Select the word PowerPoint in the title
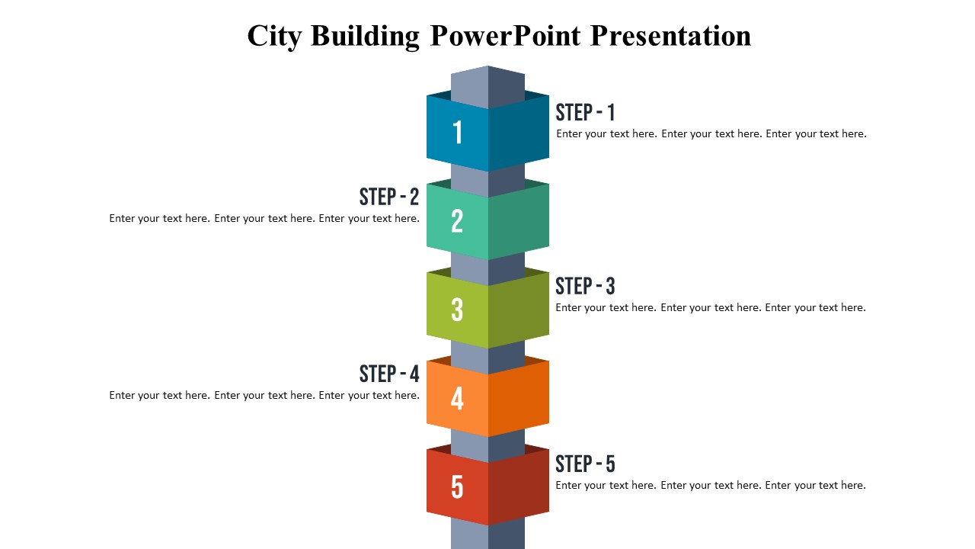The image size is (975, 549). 505,36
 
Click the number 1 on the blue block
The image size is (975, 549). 457,133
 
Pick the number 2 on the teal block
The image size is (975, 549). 457,221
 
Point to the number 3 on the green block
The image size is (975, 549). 457,310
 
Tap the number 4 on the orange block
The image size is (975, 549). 457,398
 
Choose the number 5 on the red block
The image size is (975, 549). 457,486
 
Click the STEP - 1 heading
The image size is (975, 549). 585,113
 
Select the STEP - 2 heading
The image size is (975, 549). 389,197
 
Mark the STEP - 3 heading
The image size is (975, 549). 585,287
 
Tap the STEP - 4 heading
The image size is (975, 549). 389,374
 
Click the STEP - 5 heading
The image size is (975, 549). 585,464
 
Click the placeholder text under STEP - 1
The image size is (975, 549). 711,133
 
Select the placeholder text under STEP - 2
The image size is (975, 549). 264,218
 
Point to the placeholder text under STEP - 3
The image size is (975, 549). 711,307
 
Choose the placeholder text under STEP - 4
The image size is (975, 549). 264,395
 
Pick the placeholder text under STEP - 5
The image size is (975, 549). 711,485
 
